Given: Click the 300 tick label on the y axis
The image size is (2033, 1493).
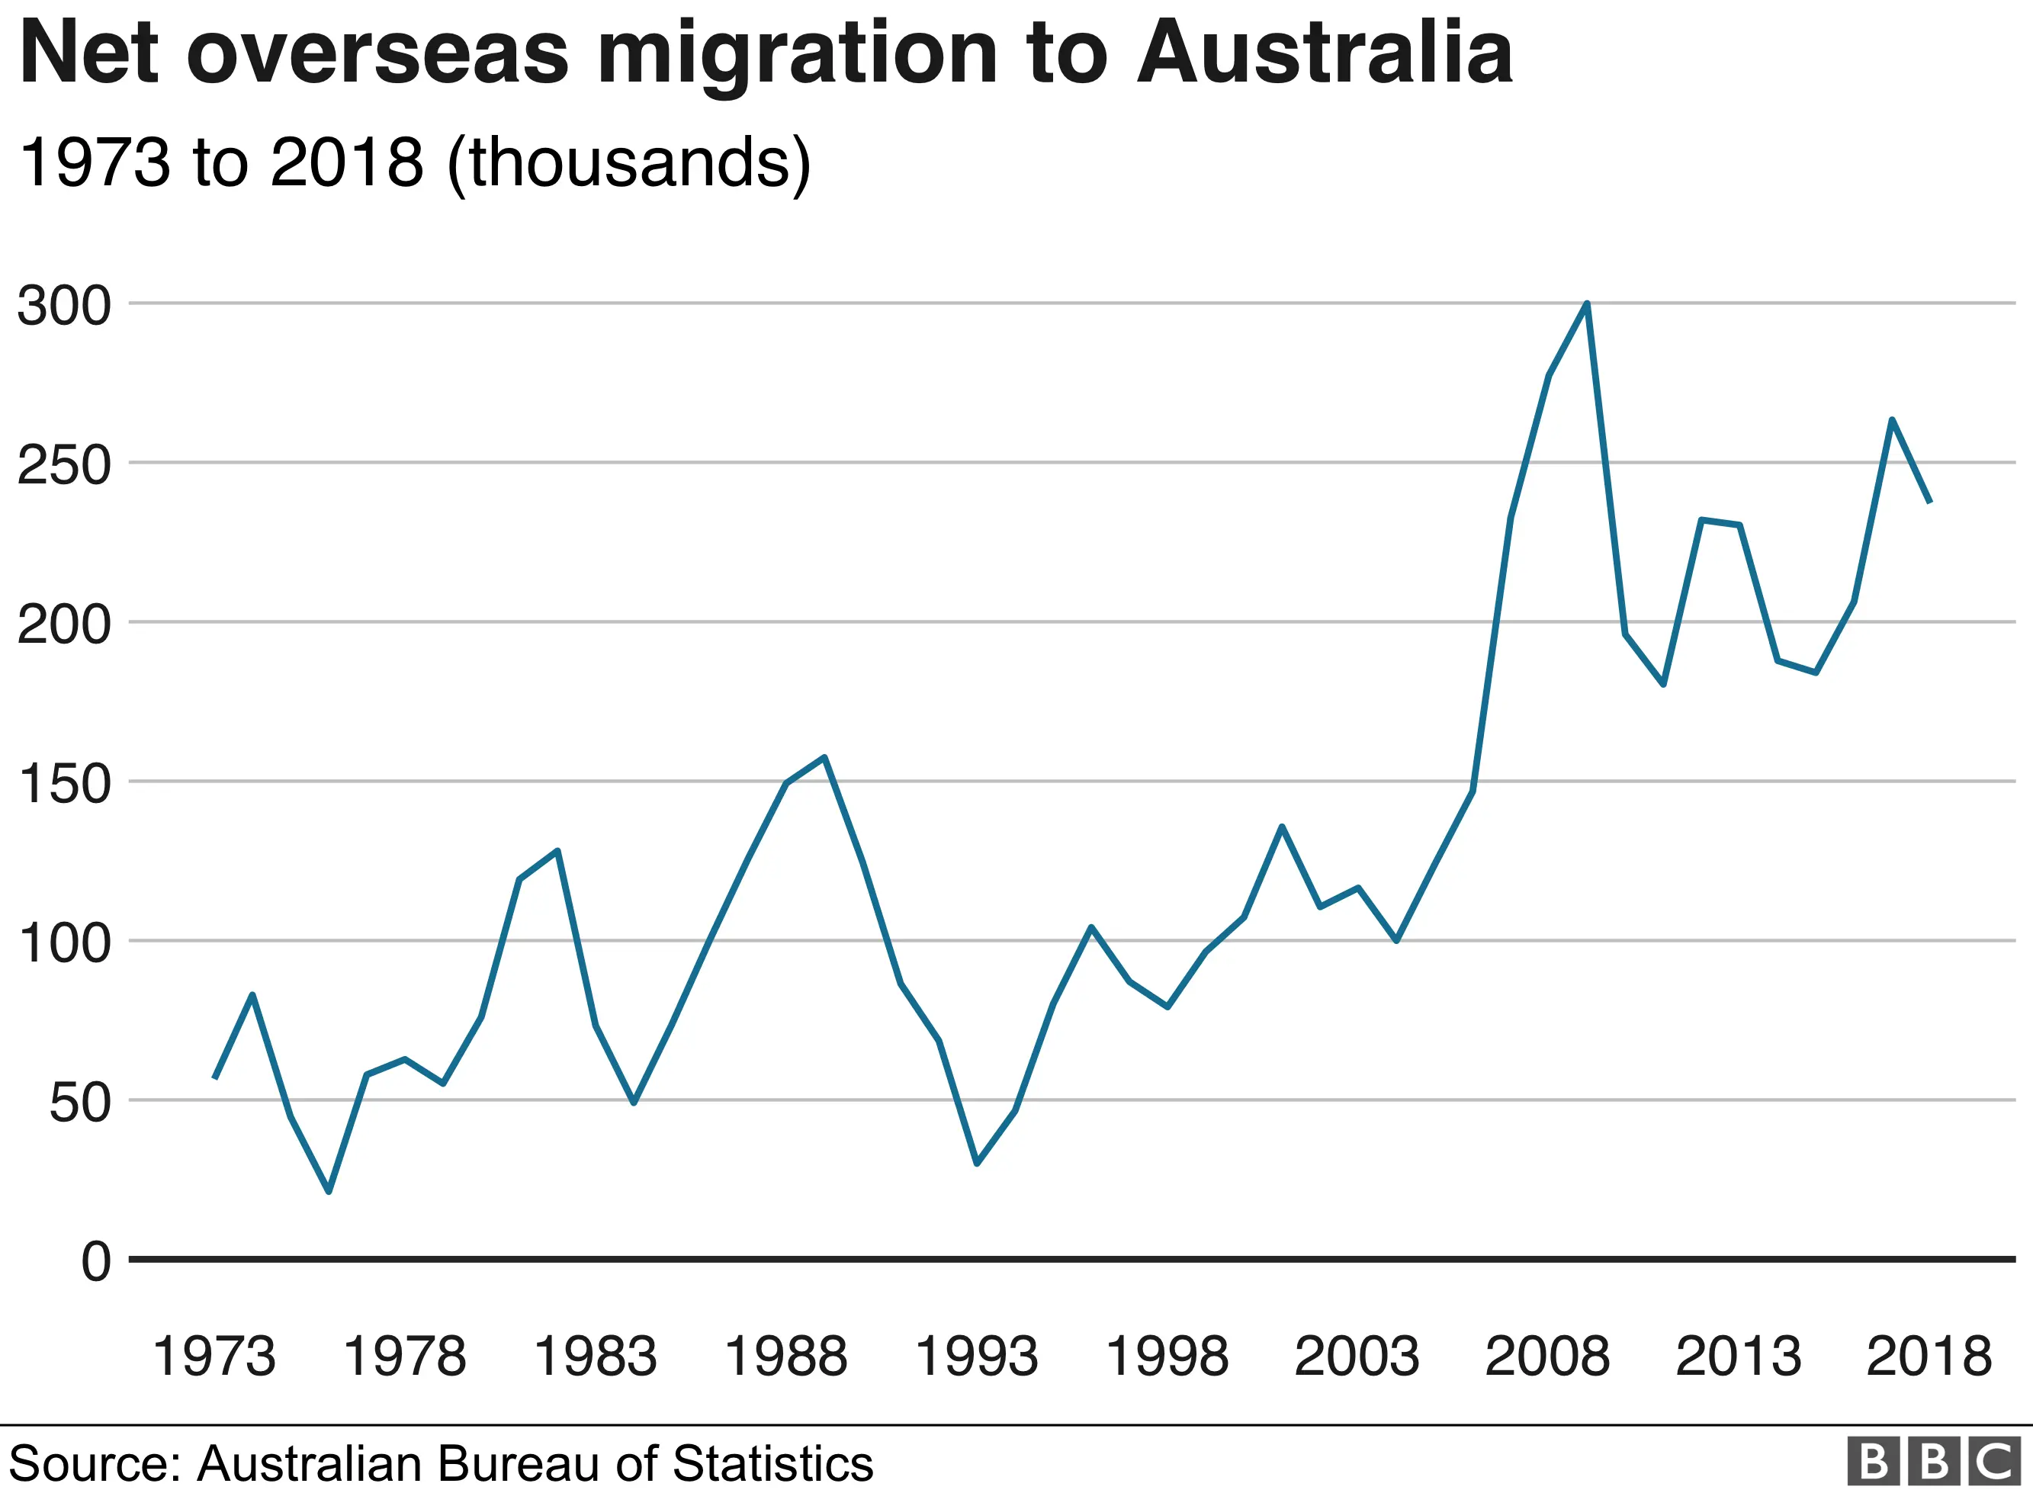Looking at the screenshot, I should pyautogui.click(x=63, y=307).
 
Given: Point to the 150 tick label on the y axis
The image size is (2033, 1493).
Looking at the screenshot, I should pyautogui.click(x=63, y=784).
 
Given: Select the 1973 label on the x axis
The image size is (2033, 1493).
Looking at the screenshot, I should pyautogui.click(x=214, y=1357).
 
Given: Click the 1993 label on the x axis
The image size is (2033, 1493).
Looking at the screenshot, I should pyautogui.click(x=976, y=1357).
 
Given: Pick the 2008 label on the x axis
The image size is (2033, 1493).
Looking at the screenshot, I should pyautogui.click(x=1547, y=1357).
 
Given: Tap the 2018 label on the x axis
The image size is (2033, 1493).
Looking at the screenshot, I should pyautogui.click(x=1929, y=1357).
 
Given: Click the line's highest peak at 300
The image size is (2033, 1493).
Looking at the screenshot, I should pyautogui.click(x=1587, y=304).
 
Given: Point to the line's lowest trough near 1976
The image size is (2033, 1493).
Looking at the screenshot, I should pyautogui.click(x=328, y=1191).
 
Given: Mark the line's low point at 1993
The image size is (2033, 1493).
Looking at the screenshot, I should pyautogui.click(x=977, y=1163).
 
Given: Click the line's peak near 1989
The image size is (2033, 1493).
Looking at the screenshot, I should pyautogui.click(x=824, y=757).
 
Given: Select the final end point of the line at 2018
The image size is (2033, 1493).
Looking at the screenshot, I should pyautogui.click(x=1930, y=502).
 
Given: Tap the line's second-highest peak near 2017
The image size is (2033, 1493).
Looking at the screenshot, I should pyautogui.click(x=1891, y=419).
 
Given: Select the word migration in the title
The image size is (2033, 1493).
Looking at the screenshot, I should pyautogui.click(x=797, y=56).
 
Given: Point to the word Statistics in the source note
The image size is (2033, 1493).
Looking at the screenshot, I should pyautogui.click(x=772, y=1463).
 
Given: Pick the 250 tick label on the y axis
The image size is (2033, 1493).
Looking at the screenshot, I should pyautogui.click(x=63, y=465).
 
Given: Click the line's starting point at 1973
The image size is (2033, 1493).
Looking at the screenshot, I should pyautogui.click(x=215, y=1077).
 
